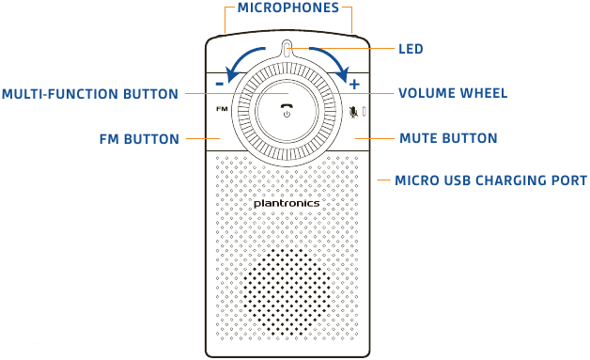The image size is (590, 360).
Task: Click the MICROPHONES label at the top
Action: click(x=288, y=8)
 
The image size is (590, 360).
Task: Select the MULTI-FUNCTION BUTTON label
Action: click(x=90, y=94)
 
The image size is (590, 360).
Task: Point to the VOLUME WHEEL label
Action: click(x=453, y=94)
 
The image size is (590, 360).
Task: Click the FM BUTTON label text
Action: click(x=139, y=139)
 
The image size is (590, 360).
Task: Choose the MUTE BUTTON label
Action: click(x=448, y=139)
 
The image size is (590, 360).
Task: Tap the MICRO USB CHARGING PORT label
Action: click(x=491, y=180)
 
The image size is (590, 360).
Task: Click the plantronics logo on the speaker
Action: click(x=287, y=202)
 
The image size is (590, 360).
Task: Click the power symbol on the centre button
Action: click(x=287, y=114)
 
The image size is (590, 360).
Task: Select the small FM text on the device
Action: click(x=221, y=110)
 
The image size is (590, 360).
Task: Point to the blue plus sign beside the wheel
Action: click(x=354, y=84)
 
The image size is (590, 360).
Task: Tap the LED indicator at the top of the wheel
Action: click(x=287, y=50)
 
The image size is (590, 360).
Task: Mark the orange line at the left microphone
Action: click(x=225, y=19)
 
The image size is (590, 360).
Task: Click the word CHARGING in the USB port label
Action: click(x=503, y=180)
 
